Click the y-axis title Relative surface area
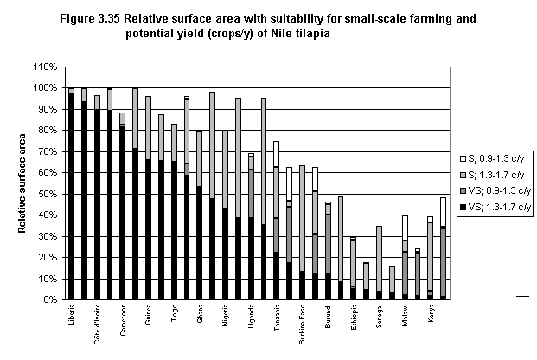(21, 183)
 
